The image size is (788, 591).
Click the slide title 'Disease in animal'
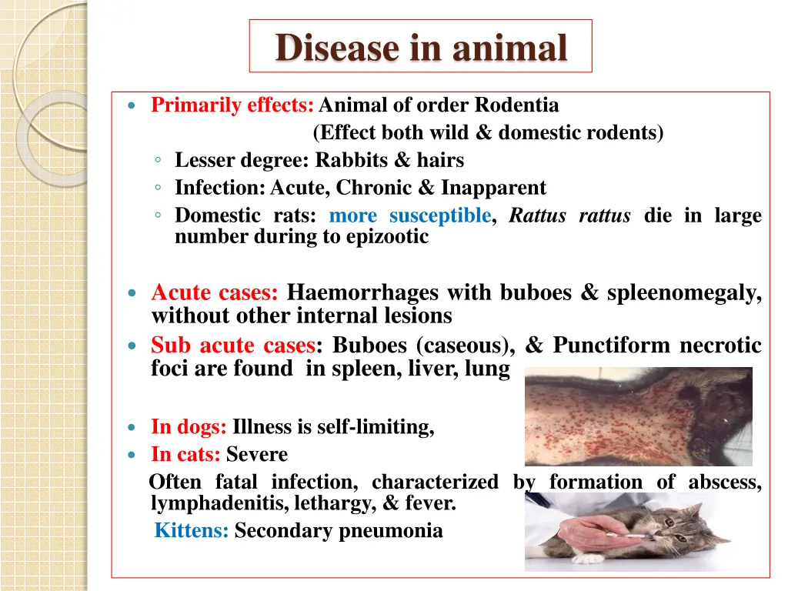[x=421, y=47]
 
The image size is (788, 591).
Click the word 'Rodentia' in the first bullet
[x=517, y=105]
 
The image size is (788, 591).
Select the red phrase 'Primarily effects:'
[x=232, y=105]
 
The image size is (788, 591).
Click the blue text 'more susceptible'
[x=409, y=215]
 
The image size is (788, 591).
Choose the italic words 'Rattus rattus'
[x=569, y=215]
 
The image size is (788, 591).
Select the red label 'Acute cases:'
[x=215, y=292]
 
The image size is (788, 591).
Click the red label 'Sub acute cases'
[x=232, y=345]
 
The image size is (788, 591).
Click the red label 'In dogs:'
[x=189, y=426]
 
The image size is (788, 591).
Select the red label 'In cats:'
[x=185, y=455]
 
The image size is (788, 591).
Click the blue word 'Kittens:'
[x=192, y=530]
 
